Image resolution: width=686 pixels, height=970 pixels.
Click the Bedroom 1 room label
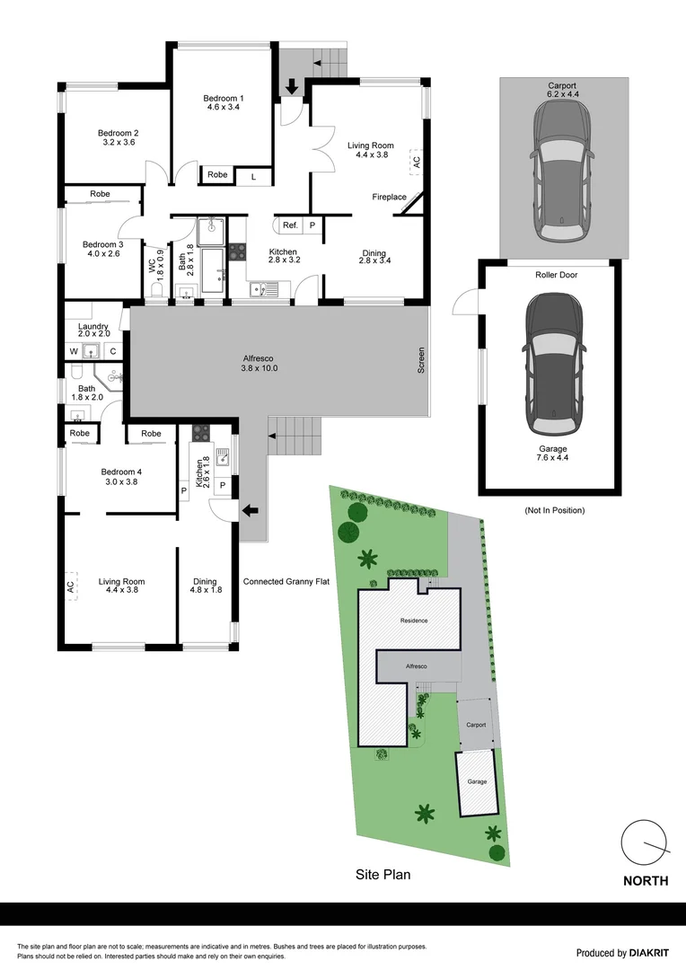tap(223, 102)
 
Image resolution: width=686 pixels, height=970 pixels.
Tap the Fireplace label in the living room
tap(390, 197)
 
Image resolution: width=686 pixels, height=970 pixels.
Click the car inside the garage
tap(549, 365)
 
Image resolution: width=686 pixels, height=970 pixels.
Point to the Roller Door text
tap(556, 275)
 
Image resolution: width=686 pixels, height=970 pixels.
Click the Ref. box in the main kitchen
tap(290, 225)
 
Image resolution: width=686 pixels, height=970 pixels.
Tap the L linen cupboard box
tap(253, 176)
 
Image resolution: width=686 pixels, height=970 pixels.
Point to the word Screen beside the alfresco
tap(420, 361)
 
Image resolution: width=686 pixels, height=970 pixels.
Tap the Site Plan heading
tap(383, 873)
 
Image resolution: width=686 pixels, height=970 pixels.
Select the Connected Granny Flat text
tap(286, 582)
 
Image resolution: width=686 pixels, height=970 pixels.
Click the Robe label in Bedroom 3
tap(100, 194)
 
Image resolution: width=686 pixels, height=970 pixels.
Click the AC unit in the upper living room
tap(416, 162)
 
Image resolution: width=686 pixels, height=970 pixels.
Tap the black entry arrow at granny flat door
tap(251, 511)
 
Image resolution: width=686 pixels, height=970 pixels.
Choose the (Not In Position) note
tap(555, 510)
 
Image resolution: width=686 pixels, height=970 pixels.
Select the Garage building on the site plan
tap(477, 782)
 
